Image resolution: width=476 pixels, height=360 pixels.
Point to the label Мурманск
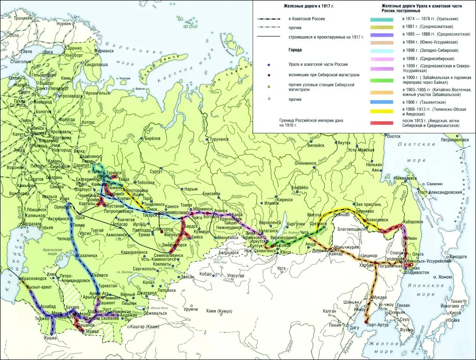click(x=104, y=51)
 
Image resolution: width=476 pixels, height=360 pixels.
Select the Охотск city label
click(x=394, y=136)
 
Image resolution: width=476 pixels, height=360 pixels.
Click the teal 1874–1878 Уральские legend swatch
click(x=382, y=19)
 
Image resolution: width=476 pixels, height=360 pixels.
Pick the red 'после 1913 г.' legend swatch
click(x=382, y=123)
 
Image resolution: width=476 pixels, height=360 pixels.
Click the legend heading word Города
click(x=296, y=50)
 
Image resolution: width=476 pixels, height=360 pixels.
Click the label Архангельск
click(x=98, y=93)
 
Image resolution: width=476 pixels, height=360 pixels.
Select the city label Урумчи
click(x=191, y=309)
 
